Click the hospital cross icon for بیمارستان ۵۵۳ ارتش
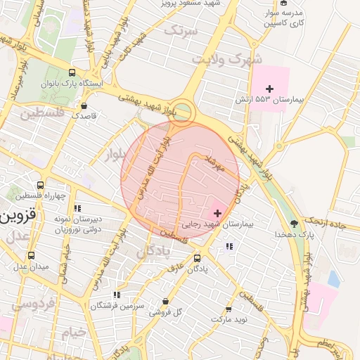click(x=269, y=88)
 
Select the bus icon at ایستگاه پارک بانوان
click(x=72, y=72)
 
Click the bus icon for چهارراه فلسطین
click(x=40, y=185)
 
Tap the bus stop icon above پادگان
click(x=196, y=258)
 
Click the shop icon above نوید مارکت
click(x=228, y=309)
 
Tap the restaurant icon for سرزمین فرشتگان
click(x=117, y=295)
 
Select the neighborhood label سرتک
click(x=181, y=29)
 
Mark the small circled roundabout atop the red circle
click(x=183, y=112)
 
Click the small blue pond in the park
click(x=333, y=279)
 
